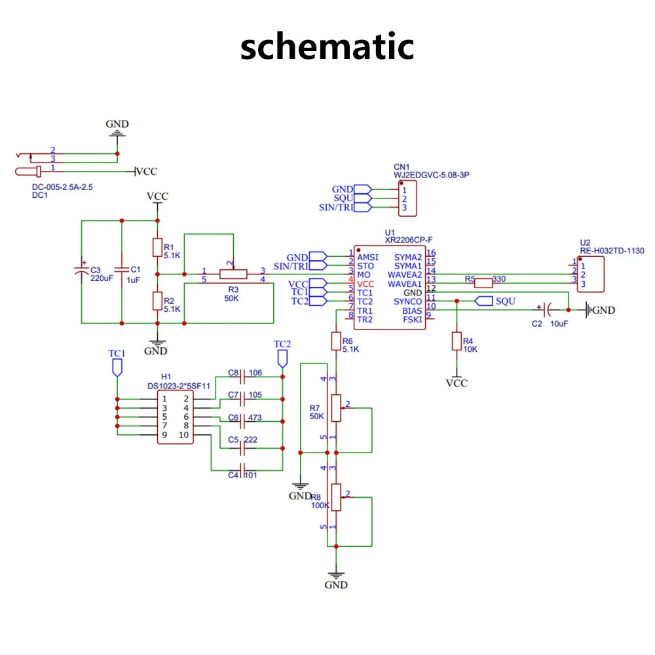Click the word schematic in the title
(x=327, y=47)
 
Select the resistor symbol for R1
(x=157, y=248)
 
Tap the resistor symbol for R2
(x=157, y=301)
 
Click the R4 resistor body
(x=457, y=341)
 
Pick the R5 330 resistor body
(x=483, y=283)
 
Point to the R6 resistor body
(x=336, y=341)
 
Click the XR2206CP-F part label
(x=409, y=240)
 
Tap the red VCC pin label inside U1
(x=365, y=284)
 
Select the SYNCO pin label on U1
(x=407, y=301)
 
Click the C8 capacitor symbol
(x=242, y=377)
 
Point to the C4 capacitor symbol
(x=242, y=471)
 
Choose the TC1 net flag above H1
(x=117, y=367)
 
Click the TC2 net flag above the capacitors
(x=282, y=359)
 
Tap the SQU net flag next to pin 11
(x=484, y=301)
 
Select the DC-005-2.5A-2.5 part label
(x=62, y=187)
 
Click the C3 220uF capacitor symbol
(x=81, y=270)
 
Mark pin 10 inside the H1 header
(x=184, y=435)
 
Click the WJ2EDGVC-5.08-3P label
(x=431, y=175)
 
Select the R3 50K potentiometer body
(x=233, y=274)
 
